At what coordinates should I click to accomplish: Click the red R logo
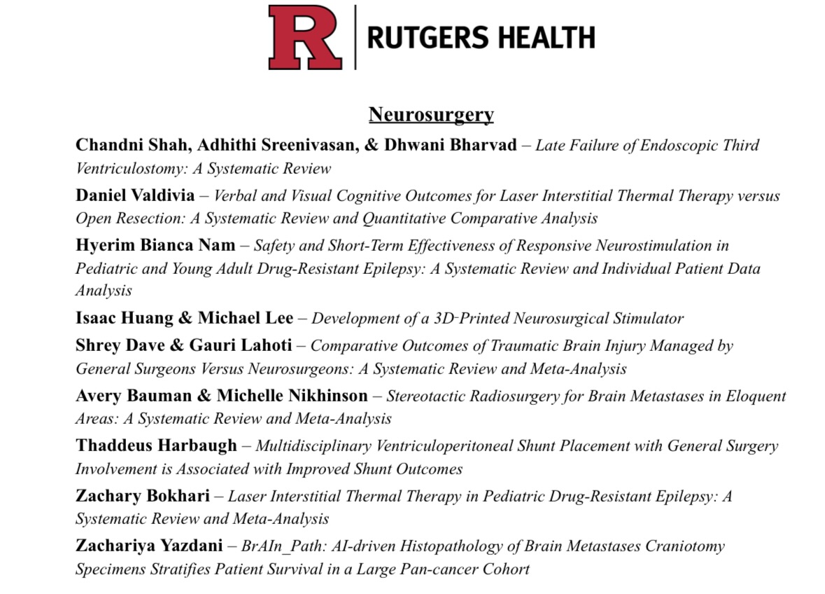coord(305,37)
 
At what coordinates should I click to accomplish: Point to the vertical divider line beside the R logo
coord(355,37)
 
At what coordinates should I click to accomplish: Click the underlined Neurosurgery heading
coord(431,114)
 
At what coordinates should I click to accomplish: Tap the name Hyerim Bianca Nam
coord(155,245)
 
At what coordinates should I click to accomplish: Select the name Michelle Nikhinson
coord(292,396)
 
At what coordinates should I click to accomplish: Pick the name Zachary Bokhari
coord(143,496)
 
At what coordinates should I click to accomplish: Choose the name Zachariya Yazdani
coord(149,546)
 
